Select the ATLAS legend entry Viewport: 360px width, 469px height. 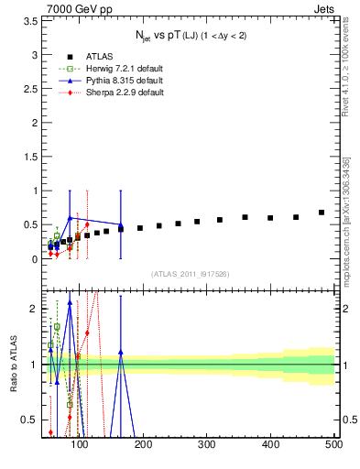(x=82, y=55)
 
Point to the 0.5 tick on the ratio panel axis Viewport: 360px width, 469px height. (x=30, y=420)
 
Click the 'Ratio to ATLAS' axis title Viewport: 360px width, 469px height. (x=12, y=364)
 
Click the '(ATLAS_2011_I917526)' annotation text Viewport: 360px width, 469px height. (x=190, y=274)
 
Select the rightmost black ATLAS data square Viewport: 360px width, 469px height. (x=322, y=213)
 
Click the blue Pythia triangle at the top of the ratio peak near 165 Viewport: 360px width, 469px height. (x=121, y=351)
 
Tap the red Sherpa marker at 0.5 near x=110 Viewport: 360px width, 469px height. (x=87, y=224)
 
